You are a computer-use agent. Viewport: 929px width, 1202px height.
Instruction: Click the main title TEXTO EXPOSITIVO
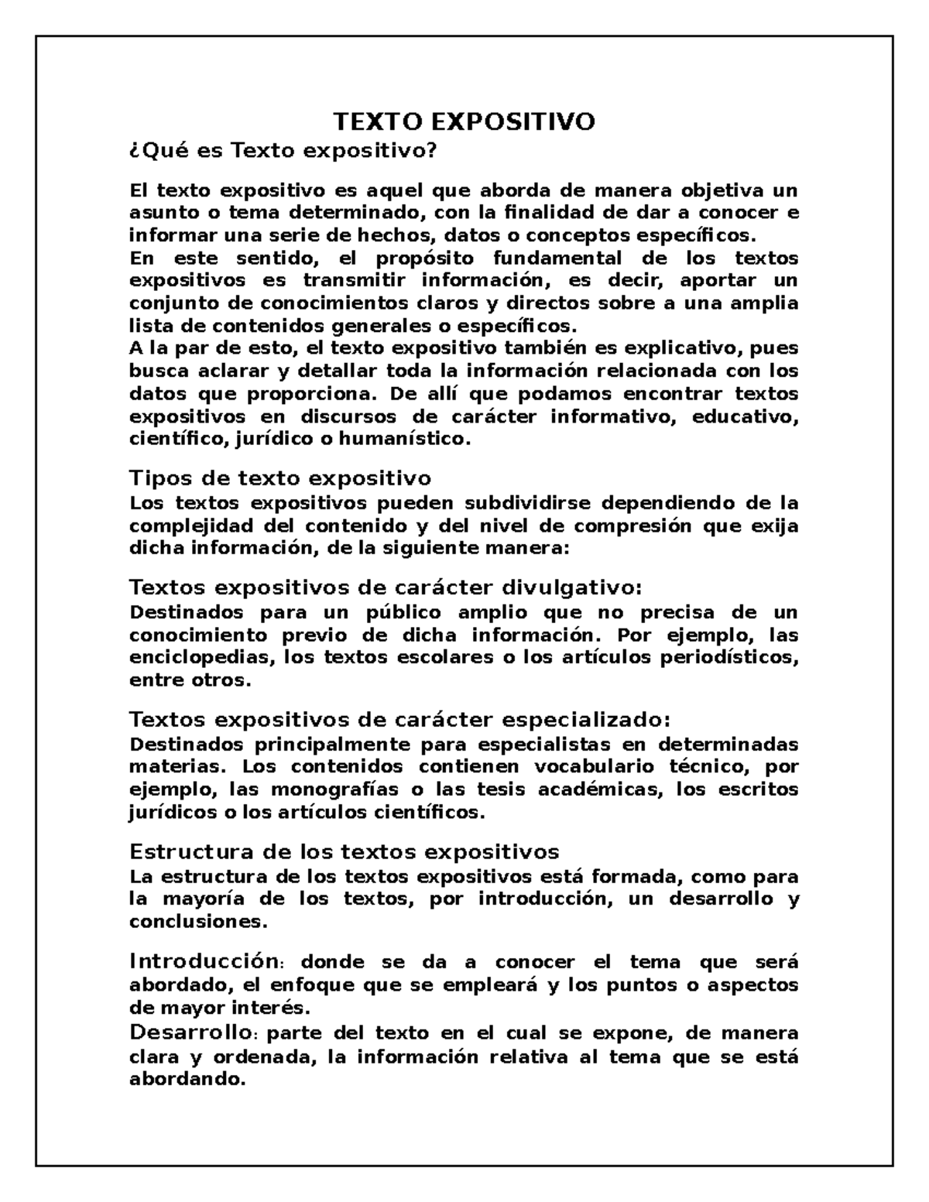point(464,122)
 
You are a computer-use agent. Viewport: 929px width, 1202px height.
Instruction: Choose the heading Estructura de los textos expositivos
point(344,852)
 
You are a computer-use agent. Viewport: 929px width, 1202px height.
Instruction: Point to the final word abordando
point(187,1080)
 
